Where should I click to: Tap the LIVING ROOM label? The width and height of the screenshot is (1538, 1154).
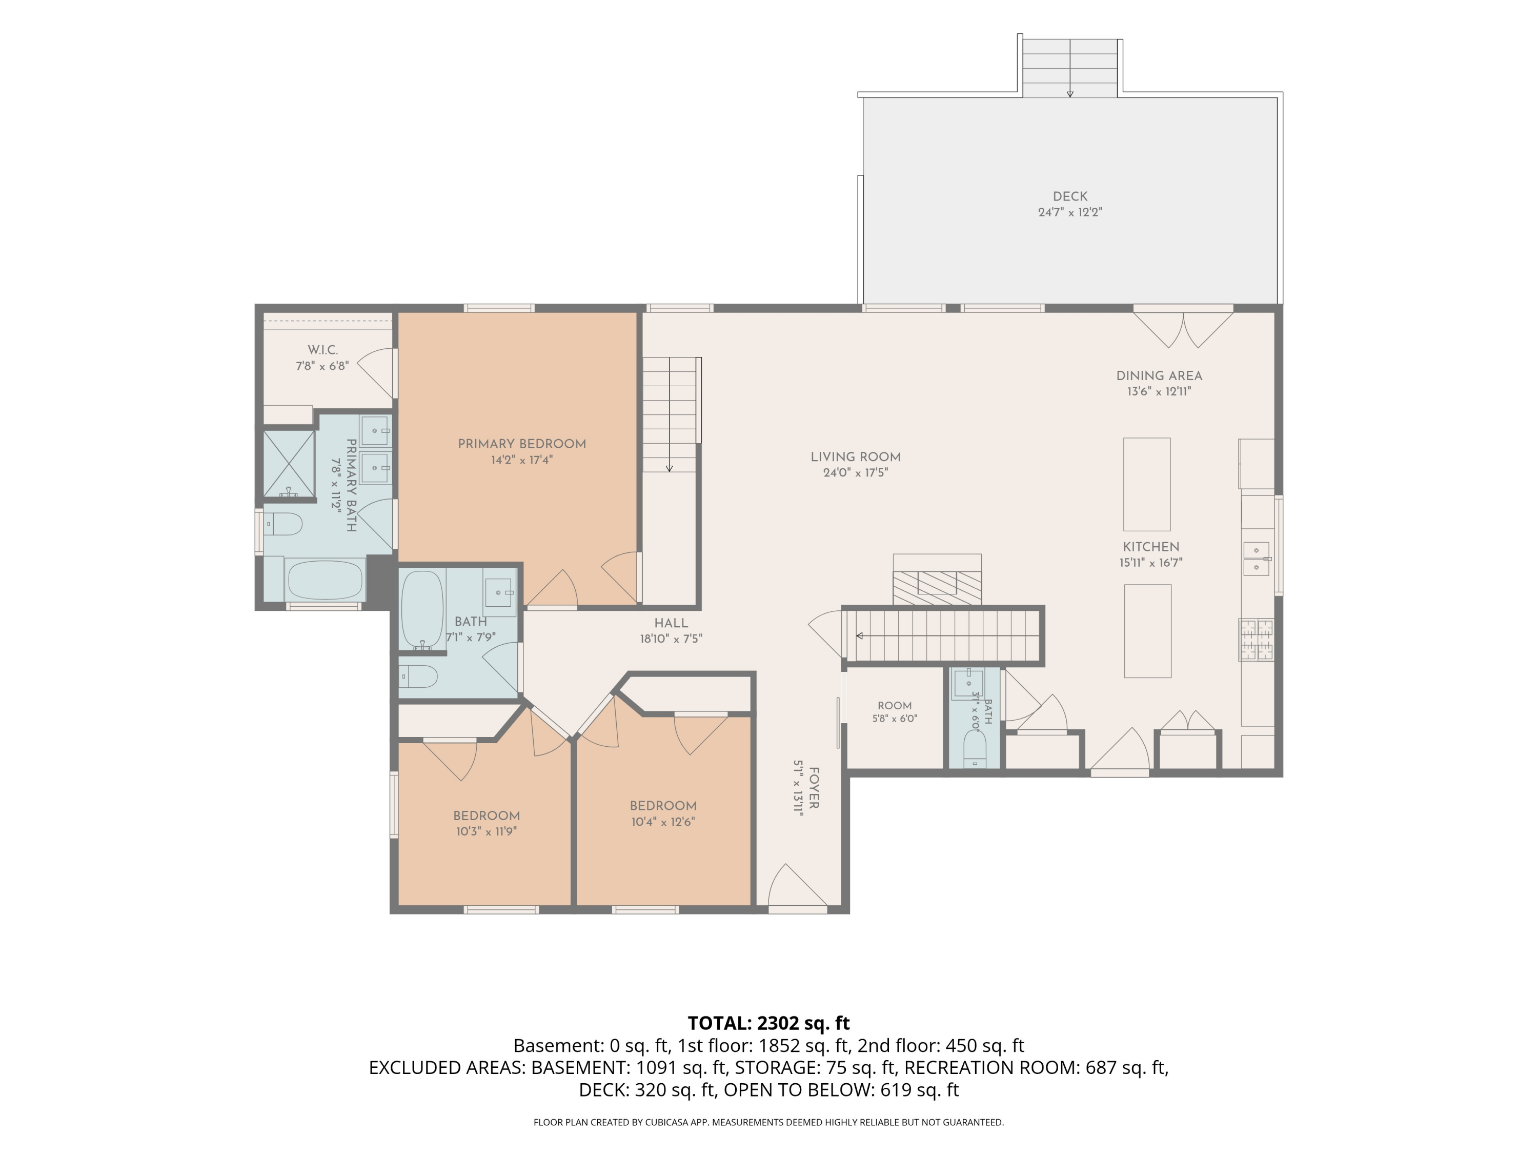pos(855,457)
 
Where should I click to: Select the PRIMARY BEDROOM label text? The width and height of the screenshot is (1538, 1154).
pos(521,444)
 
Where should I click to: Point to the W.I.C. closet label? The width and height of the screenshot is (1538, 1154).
pos(322,350)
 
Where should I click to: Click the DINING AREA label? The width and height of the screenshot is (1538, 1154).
pos(1159,375)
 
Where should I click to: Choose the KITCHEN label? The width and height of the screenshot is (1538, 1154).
pos(1151,547)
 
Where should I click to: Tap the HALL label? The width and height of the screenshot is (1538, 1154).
pos(671,623)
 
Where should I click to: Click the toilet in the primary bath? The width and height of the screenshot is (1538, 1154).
pos(283,524)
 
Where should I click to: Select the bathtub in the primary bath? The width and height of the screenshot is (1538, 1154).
pos(326,580)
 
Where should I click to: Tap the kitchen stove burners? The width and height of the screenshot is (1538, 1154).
pos(1256,639)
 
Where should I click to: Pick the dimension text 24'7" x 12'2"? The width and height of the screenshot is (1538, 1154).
pos(1070,212)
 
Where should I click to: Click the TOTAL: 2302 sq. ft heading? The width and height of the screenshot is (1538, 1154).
pos(768,1023)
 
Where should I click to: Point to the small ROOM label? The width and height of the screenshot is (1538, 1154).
pos(894,705)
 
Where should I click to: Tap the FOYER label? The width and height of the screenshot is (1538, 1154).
pos(814,788)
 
